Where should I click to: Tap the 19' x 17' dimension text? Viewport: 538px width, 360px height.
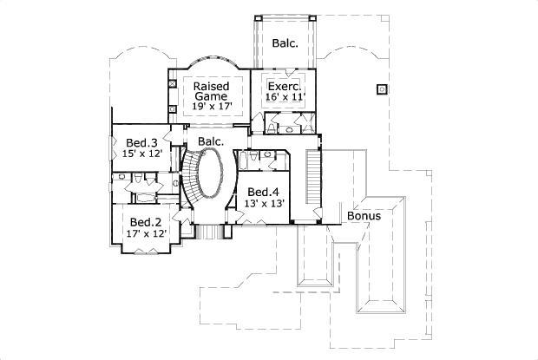click(211, 108)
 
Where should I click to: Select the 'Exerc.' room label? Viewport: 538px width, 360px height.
click(283, 87)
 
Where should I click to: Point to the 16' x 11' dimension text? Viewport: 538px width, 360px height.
click(283, 99)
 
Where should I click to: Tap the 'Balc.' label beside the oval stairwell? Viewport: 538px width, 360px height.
click(211, 141)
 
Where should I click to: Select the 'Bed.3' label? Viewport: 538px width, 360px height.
click(141, 142)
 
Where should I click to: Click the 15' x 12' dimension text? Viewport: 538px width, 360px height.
click(141, 154)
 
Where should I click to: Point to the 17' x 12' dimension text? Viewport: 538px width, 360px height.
click(145, 233)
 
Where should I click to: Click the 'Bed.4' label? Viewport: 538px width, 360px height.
click(263, 192)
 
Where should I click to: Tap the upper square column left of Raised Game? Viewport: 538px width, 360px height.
click(172, 84)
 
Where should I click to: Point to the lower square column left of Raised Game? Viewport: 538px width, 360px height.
click(172, 108)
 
